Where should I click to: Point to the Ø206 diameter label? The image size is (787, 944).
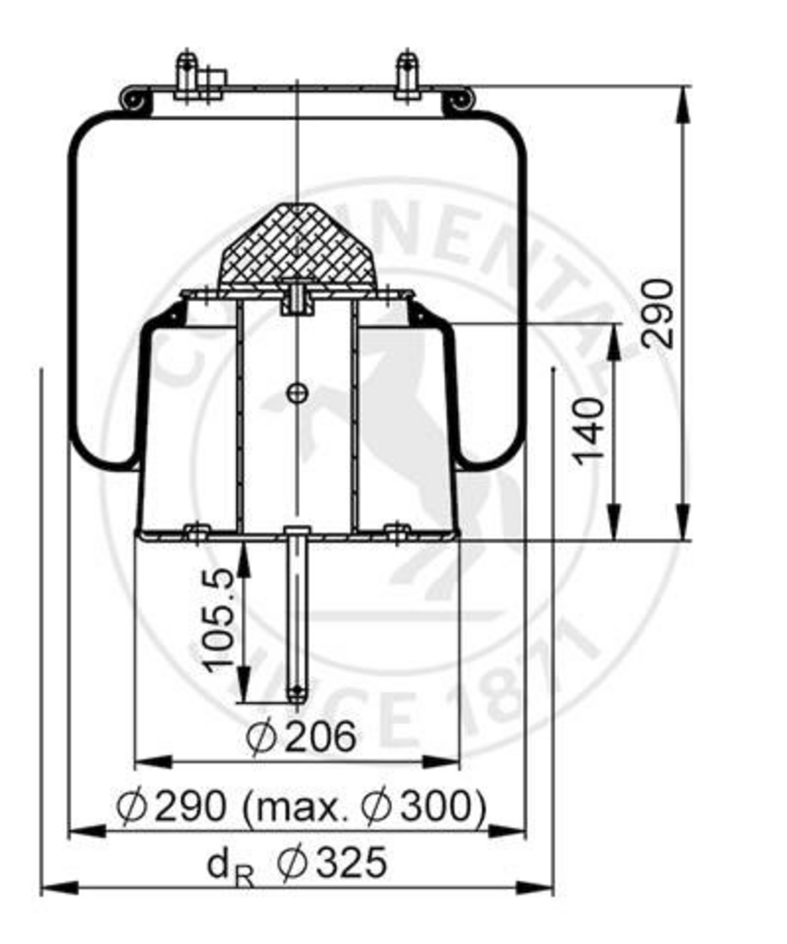(301, 737)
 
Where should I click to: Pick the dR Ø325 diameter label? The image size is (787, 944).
(297, 863)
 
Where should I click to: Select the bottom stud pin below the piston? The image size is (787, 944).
(297, 614)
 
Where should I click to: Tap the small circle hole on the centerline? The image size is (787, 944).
(297, 393)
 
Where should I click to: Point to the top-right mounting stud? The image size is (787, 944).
(407, 77)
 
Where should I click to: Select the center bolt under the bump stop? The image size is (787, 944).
(296, 298)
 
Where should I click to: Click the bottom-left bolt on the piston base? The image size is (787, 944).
(198, 533)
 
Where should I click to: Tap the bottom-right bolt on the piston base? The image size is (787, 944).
(397, 533)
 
